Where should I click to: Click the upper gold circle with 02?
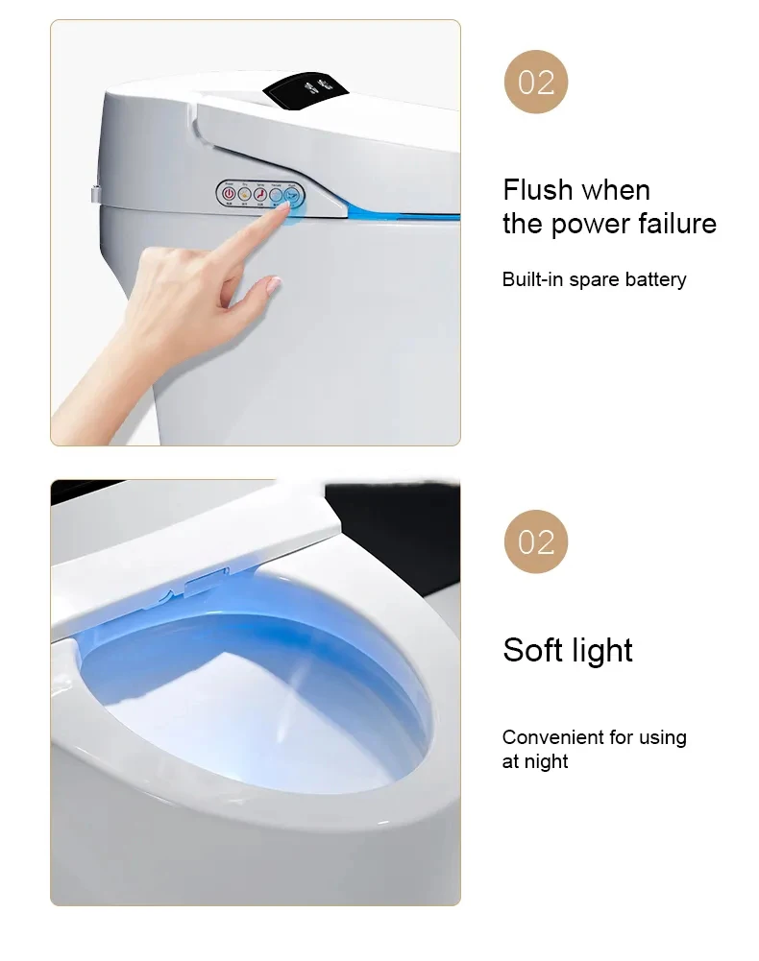click(536, 82)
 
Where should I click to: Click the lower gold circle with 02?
click(536, 541)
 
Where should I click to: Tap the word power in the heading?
click(585, 224)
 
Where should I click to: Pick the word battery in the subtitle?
click(655, 279)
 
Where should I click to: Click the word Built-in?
click(531, 279)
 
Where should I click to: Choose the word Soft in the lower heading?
click(531, 650)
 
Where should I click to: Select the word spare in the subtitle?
click(594, 280)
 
